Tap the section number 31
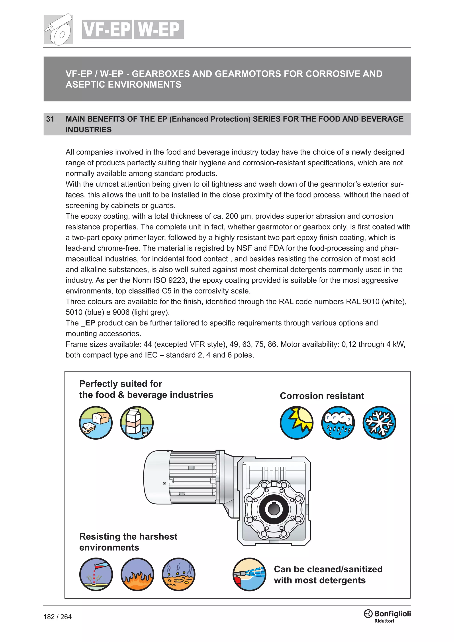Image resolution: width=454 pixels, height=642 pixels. [x=50, y=119]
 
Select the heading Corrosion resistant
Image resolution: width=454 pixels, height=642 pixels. [x=322, y=396]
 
